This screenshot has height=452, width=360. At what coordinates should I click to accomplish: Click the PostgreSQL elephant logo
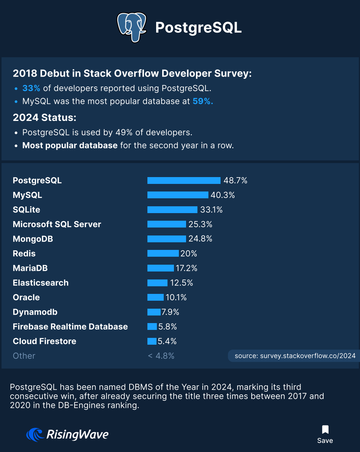[131, 27]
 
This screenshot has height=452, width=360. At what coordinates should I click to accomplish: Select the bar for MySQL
[178, 195]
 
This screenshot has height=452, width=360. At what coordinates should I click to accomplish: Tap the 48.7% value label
[235, 180]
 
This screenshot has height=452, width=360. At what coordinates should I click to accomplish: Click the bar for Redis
[163, 253]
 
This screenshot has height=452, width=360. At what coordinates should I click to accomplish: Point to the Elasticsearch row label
[41, 283]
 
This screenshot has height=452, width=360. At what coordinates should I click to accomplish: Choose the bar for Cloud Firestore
[152, 341]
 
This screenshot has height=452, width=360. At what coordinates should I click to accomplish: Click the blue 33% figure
[31, 88]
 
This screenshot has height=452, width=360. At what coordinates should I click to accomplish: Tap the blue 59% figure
[203, 101]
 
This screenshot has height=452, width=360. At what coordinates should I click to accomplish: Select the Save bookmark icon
[325, 430]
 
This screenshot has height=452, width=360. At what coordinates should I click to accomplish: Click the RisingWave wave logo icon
[35, 435]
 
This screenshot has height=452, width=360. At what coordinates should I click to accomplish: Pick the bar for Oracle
[155, 297]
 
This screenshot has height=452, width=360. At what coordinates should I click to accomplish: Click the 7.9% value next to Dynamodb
[170, 312]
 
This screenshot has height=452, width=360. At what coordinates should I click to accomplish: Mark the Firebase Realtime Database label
[70, 326]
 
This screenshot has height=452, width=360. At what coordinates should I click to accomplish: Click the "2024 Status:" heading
[45, 118]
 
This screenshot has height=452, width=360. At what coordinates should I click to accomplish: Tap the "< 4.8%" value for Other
[161, 356]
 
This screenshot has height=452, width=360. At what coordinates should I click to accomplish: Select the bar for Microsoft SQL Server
[167, 224]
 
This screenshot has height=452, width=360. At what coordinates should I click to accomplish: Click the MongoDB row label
[33, 239]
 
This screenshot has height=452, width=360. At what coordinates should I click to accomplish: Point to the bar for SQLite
[172, 210]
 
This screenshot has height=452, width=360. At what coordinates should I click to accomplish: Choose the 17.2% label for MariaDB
[186, 268]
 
